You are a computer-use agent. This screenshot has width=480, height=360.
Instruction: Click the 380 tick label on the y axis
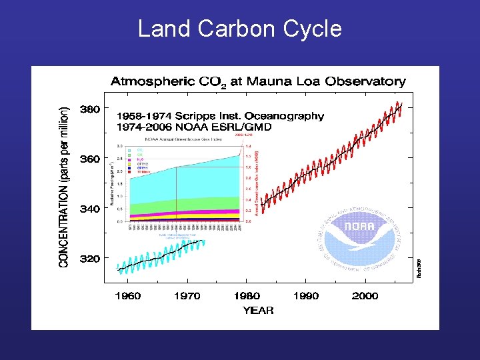(x=90, y=109)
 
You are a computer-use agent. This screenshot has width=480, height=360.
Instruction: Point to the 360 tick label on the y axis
(x=90, y=159)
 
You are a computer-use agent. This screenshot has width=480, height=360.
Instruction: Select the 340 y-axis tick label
(x=90, y=209)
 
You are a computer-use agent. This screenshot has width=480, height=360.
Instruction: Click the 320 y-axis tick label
(x=90, y=258)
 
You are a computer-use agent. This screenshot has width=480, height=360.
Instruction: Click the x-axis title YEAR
(x=258, y=311)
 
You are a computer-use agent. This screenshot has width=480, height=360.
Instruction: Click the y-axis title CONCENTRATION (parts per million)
(x=64, y=187)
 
